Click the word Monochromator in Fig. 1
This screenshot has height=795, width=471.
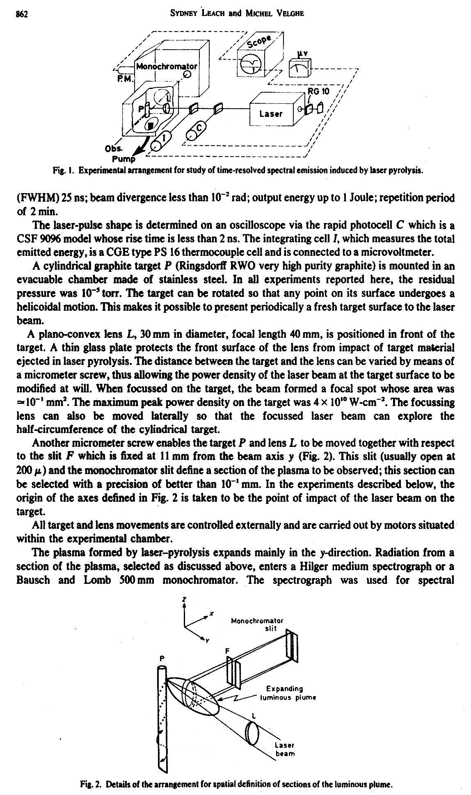pos(167,66)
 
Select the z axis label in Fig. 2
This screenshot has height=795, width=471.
pos(185,599)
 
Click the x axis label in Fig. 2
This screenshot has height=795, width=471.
pos(211,614)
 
